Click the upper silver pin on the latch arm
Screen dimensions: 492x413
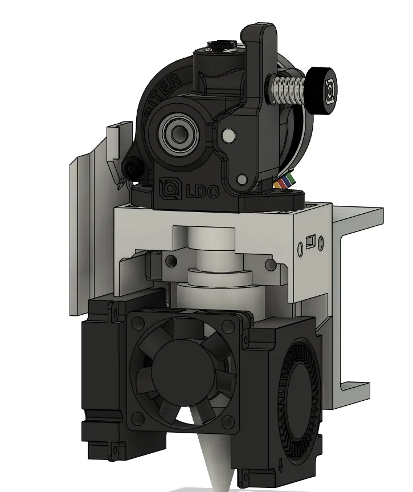pos(229,135)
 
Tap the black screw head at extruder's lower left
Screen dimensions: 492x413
pos(132,168)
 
